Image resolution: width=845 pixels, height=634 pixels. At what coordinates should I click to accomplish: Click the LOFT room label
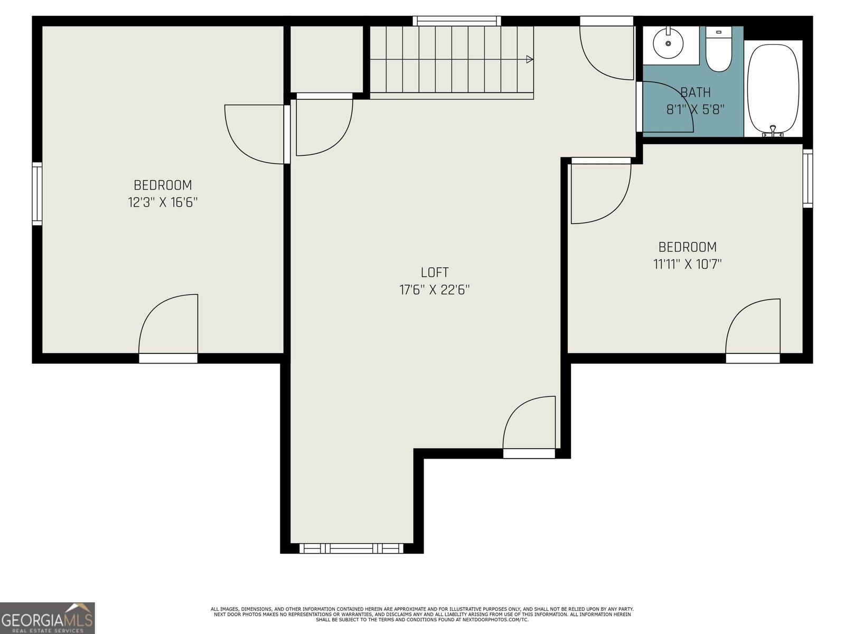click(x=434, y=273)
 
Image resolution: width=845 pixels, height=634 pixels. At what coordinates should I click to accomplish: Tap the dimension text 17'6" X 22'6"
click(x=434, y=290)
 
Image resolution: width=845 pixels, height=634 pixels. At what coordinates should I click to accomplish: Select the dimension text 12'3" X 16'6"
click(x=163, y=202)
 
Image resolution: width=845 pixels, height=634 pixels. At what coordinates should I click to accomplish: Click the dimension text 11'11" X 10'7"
click(x=688, y=264)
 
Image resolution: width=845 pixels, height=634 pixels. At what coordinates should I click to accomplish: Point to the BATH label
click(x=695, y=92)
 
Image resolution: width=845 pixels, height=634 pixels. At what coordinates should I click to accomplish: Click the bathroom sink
click(x=668, y=43)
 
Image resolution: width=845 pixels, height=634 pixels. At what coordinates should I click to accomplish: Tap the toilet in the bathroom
click(x=718, y=50)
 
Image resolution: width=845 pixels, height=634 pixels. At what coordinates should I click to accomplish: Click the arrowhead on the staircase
click(x=529, y=60)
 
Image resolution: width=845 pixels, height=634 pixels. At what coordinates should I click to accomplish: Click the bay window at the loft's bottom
click(x=351, y=548)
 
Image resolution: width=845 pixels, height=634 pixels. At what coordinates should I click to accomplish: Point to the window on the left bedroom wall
click(x=37, y=193)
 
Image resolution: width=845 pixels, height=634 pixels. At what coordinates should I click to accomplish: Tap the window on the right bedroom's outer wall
click(x=808, y=178)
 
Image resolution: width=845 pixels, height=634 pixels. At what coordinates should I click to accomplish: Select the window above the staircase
click(x=457, y=21)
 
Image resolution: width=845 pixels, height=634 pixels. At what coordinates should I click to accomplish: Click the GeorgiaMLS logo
click(x=48, y=618)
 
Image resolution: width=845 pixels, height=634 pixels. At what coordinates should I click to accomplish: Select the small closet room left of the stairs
click(x=326, y=59)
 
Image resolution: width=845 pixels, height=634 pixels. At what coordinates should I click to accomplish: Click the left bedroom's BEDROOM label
click(x=163, y=185)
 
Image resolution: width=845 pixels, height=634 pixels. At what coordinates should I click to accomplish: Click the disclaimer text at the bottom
click(x=422, y=614)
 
